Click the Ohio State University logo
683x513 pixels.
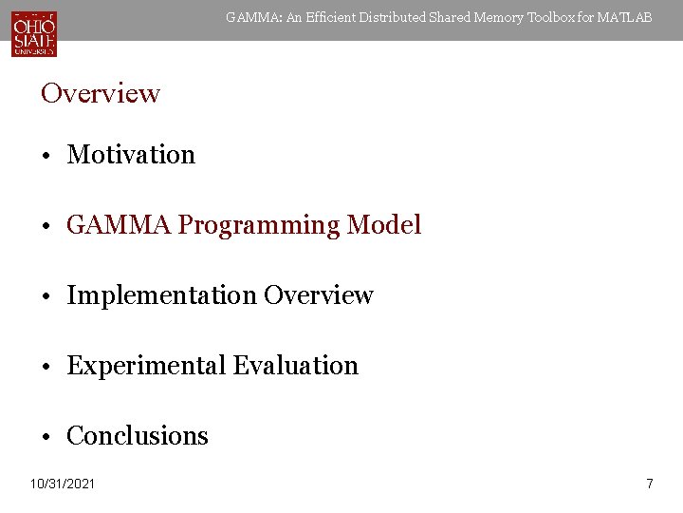pos(34,33)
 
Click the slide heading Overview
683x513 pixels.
pos(101,93)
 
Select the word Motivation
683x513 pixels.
pos(131,155)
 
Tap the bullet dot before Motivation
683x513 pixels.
pos(46,156)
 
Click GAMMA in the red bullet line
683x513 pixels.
pos(119,225)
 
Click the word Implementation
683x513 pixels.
pos(161,295)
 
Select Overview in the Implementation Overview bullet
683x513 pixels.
pos(319,295)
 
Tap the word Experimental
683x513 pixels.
pos(146,366)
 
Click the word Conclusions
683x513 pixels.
pos(138,436)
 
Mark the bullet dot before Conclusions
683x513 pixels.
pos(46,437)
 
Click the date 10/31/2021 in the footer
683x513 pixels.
pos(63,484)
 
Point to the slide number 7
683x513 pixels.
pos(649,484)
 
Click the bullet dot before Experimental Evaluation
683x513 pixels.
pos(46,367)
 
